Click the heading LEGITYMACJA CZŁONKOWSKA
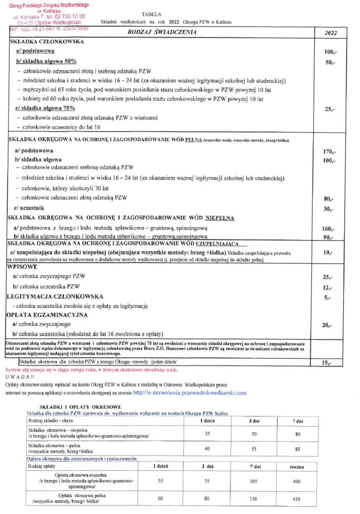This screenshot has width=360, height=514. coord(55,297)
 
